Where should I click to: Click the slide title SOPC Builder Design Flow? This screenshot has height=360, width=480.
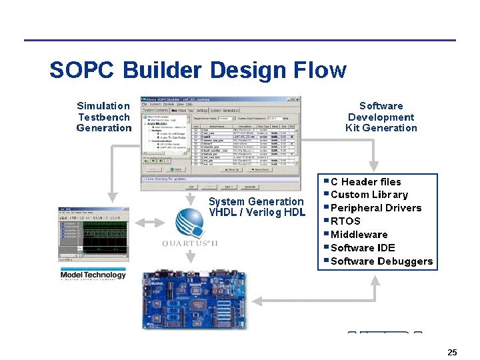197,70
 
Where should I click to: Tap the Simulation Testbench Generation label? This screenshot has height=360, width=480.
103,117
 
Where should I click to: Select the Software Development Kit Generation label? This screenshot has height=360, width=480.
381,117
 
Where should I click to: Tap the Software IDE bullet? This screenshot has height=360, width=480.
363,248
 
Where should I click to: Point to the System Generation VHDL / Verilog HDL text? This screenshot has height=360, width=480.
257,207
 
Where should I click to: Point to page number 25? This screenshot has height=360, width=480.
452,352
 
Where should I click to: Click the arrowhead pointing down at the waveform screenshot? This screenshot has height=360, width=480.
113,198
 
